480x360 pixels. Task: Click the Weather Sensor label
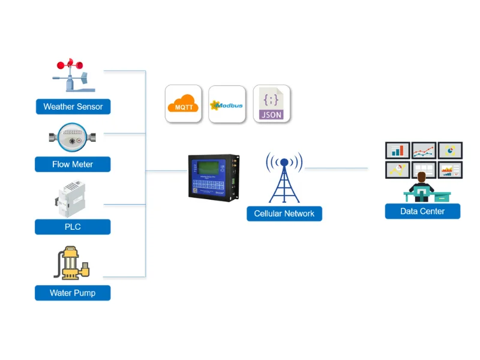tap(73, 107)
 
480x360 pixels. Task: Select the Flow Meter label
tap(73, 164)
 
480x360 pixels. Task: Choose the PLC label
tap(73, 227)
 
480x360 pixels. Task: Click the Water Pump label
tap(73, 293)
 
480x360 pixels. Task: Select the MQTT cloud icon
tap(184, 104)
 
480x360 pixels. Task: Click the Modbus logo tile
tap(227, 104)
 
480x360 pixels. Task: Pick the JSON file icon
tap(271, 104)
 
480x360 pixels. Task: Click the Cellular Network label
tap(284, 214)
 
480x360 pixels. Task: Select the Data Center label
tap(422, 211)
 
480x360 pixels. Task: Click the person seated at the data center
tap(422, 184)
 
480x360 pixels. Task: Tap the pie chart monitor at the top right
tap(450, 150)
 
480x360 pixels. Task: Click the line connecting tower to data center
tap(336, 169)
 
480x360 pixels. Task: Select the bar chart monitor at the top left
tap(397, 150)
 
